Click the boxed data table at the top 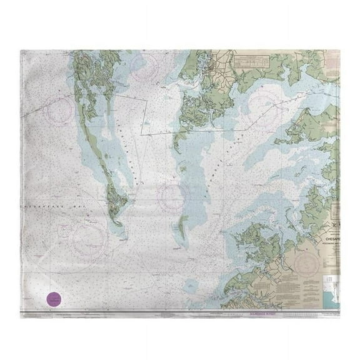pos(256,62)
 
